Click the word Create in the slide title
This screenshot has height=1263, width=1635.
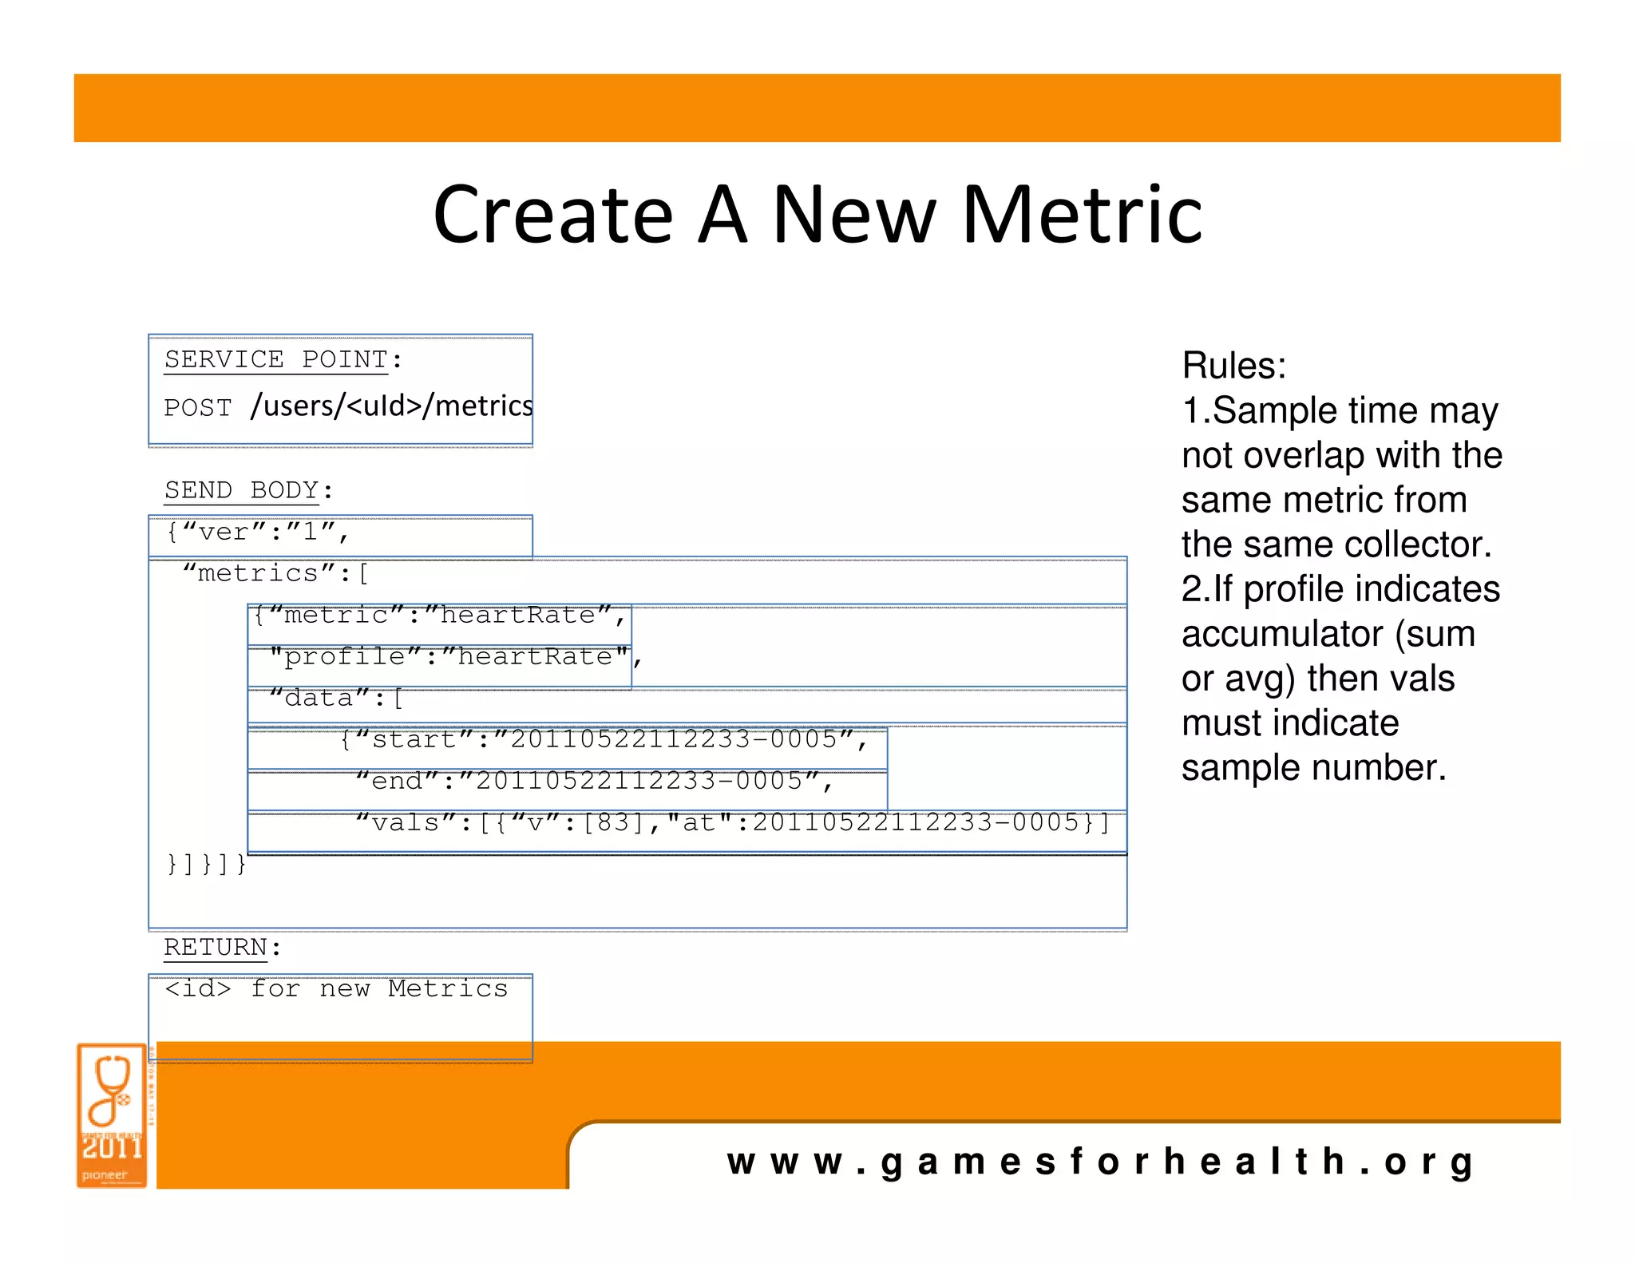tap(553, 215)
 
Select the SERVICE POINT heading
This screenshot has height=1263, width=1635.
tap(276, 360)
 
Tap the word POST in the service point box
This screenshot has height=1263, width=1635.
tap(198, 408)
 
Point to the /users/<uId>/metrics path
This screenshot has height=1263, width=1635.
tap(391, 406)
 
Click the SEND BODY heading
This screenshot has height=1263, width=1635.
tap(241, 490)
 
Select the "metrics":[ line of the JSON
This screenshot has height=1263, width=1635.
tap(275, 574)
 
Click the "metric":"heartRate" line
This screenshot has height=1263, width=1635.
tap(440, 616)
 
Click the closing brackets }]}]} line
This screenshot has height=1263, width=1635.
tap(206, 865)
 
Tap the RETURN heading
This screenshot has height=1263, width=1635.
tap(216, 948)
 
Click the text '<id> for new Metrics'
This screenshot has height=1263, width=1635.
tap(336, 989)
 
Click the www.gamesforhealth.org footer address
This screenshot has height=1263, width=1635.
tap(1100, 1162)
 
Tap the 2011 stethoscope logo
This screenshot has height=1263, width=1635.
tap(113, 1115)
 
